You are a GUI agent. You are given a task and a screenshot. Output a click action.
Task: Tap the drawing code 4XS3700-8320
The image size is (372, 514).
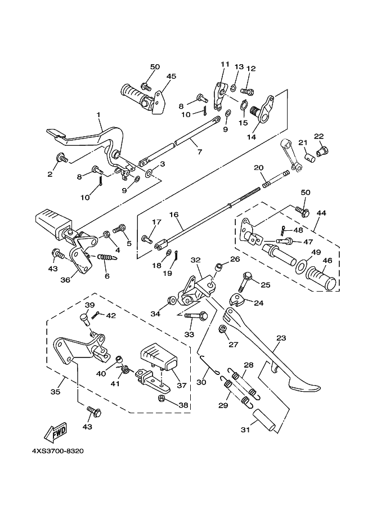pos(59,452)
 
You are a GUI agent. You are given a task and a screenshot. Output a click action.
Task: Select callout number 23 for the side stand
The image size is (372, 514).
pos(280,339)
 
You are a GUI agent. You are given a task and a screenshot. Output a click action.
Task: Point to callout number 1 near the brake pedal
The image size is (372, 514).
pos(98,115)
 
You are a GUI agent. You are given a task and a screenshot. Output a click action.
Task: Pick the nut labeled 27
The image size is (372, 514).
pos(223,328)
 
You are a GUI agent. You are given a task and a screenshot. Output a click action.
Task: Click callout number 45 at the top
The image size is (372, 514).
pos(171,77)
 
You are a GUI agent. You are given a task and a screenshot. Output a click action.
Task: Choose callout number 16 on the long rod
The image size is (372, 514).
pos(173,214)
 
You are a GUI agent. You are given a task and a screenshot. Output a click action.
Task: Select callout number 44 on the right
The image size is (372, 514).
pos(321,213)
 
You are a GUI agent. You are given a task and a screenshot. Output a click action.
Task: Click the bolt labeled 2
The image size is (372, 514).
pos(63,159)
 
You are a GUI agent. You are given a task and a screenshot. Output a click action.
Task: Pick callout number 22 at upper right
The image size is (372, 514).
pos(319,136)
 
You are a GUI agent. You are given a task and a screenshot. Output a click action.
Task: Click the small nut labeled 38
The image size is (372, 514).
pos(162,399)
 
